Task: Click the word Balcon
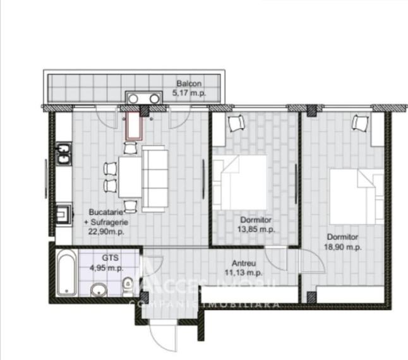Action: (x=189, y=84)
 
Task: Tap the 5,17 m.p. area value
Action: (x=189, y=93)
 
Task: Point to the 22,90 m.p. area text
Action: (x=106, y=232)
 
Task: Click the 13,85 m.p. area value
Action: (x=256, y=229)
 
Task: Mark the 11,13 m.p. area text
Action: (x=243, y=273)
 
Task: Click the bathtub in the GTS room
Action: (x=66, y=272)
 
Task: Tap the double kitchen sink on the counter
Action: (x=64, y=153)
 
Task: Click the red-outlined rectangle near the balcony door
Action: (x=134, y=126)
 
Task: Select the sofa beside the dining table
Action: (x=154, y=178)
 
